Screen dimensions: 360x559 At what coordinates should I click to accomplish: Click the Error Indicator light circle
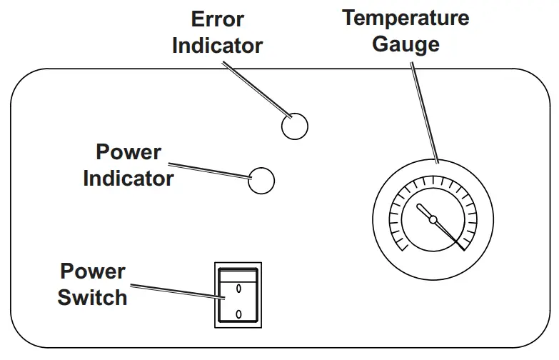(x=294, y=126)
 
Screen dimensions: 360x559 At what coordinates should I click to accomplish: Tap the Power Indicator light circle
(x=261, y=181)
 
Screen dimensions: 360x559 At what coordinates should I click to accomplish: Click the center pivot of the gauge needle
(x=433, y=220)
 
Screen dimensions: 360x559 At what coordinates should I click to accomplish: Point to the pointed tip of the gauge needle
(x=463, y=249)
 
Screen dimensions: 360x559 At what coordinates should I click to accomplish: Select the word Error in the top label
(x=217, y=19)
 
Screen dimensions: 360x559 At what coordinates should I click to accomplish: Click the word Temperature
(x=406, y=17)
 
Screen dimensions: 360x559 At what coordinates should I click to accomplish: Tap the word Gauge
(x=406, y=44)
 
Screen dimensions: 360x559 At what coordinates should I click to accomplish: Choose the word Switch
(x=92, y=296)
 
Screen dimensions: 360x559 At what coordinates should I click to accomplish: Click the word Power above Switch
(x=92, y=271)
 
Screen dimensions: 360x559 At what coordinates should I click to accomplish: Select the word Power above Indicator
(x=129, y=152)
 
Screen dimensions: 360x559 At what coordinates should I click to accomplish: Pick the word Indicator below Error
(x=217, y=46)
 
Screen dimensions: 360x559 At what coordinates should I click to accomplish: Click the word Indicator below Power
(x=129, y=178)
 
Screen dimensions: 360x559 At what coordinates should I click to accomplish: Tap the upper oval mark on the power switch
(x=238, y=289)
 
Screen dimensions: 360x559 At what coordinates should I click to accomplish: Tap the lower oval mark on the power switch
(x=238, y=314)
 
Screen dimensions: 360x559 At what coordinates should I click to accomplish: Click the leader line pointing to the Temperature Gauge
(x=425, y=111)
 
